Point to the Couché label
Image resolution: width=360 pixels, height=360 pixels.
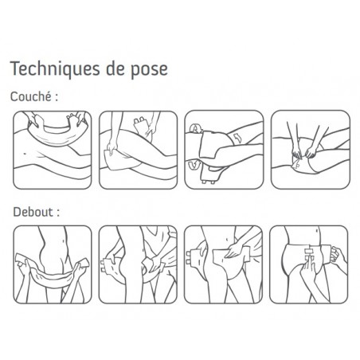click(x=33, y=96)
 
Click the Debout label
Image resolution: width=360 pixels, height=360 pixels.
click(x=36, y=212)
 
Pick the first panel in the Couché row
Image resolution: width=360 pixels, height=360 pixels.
click(x=53, y=150)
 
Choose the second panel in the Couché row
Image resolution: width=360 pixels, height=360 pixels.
click(x=138, y=150)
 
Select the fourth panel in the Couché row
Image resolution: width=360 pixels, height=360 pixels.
click(x=311, y=150)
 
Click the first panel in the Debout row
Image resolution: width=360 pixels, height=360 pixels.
click(x=53, y=264)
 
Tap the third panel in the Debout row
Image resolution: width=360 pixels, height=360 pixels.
click(x=224, y=264)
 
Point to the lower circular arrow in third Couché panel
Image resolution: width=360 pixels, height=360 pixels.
click(x=194, y=165)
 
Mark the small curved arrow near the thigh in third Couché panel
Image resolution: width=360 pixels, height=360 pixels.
click(x=237, y=138)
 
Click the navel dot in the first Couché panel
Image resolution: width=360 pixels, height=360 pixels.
click(x=25, y=153)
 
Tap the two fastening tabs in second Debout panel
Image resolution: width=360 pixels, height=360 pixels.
click(x=103, y=266)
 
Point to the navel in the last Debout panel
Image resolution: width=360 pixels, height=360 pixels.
click(x=319, y=231)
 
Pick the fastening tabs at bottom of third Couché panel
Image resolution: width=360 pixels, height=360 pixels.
click(x=209, y=182)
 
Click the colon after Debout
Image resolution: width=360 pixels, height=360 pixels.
click(x=58, y=213)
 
